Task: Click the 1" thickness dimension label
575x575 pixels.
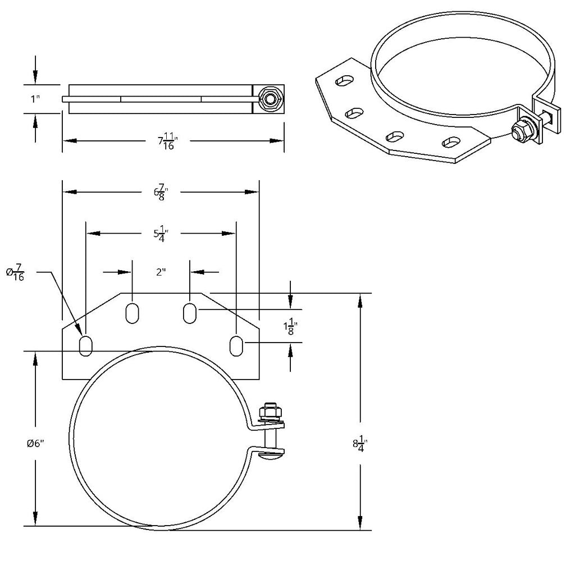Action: coord(35,99)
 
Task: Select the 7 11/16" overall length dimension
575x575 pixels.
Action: coord(167,142)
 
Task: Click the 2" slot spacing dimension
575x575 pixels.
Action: coord(161,272)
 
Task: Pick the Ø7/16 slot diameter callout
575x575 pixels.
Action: coord(15,273)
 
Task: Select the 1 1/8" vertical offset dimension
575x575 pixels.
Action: coord(290,326)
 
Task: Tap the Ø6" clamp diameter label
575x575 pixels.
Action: coord(35,443)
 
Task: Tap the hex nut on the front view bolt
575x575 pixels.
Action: coord(271,413)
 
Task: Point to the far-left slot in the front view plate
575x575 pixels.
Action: coord(86,345)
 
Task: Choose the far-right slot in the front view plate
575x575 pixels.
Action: coord(237,345)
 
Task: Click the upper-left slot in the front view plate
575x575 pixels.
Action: coord(132,313)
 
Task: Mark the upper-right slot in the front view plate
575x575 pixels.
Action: coord(190,313)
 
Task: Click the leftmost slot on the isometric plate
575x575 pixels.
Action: coord(343,82)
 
